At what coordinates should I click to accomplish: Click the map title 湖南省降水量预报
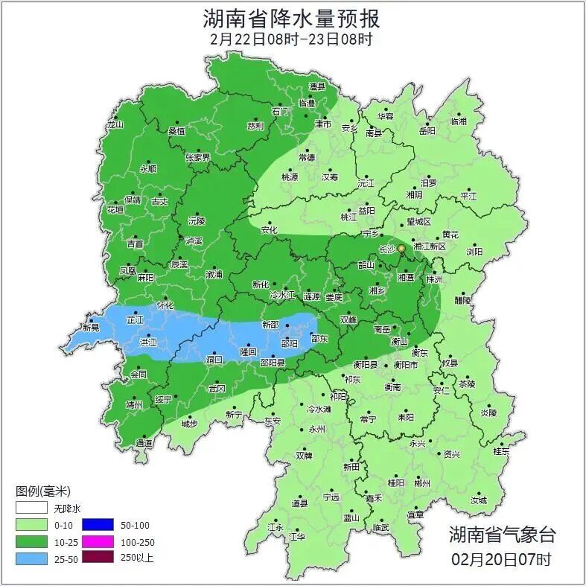coord(292,17)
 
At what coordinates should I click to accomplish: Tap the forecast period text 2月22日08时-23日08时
coord(291,39)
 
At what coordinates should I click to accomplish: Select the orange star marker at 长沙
coord(401,248)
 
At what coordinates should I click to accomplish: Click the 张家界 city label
coord(197,158)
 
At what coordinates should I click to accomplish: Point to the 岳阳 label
coord(427,131)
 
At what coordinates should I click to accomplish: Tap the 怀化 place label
coord(165,305)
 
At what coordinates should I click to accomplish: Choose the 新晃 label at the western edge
coord(91,328)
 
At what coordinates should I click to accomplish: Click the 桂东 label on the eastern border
coord(501,451)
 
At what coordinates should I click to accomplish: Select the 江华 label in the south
coord(297,536)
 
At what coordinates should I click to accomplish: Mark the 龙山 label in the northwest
coord(115,125)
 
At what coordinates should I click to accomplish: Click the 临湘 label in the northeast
coord(459,121)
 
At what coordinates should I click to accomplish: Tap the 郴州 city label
coord(422,483)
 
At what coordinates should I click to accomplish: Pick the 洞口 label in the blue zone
coord(214,359)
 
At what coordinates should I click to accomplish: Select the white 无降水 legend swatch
coord(31,510)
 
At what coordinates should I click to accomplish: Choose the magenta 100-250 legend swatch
coord(97,541)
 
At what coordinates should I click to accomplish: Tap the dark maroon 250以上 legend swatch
coord(97,557)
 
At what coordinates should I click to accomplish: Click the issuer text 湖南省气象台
coord(501,534)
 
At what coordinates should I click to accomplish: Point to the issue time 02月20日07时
coord(501,558)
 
